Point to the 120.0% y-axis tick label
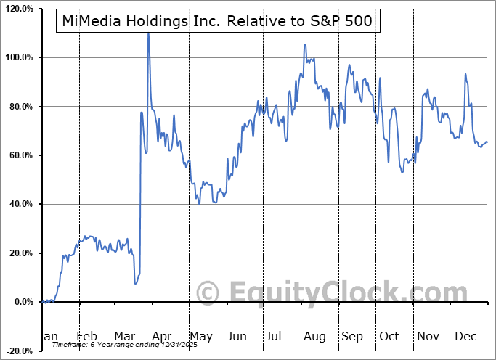(x=18, y=9)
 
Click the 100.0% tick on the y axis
(x=18, y=57)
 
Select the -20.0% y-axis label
(x=18, y=351)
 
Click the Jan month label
(x=48, y=336)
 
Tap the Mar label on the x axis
(x=124, y=336)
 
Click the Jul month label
(x=275, y=336)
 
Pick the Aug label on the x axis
(x=314, y=336)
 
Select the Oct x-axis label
(x=389, y=336)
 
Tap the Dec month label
(x=465, y=336)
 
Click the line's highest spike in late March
(x=148, y=33)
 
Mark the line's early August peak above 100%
(x=304, y=45)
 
